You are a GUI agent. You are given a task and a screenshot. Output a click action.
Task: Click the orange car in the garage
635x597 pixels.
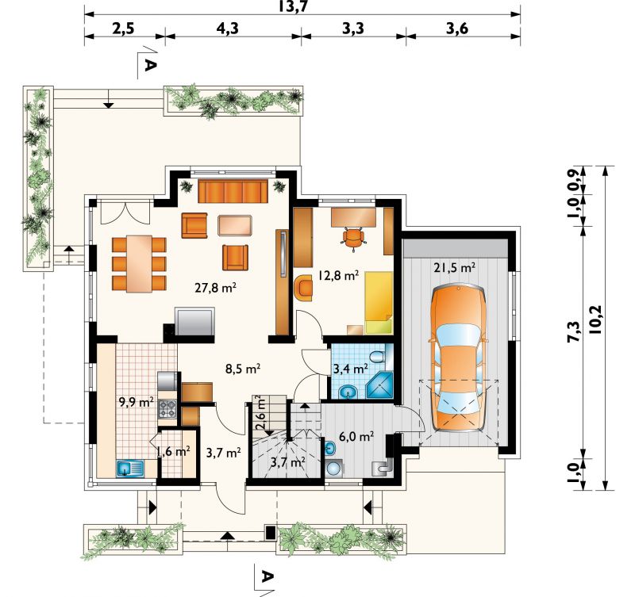pos(458,358)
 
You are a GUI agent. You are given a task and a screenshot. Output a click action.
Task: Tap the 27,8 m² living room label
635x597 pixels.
pos(215,288)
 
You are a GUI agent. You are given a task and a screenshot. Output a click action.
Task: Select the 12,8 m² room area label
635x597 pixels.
pos(338,276)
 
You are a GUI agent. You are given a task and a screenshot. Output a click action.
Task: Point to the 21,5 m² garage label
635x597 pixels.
pos(454,267)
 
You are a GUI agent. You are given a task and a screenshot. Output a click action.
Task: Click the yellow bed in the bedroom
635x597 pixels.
pos(379,303)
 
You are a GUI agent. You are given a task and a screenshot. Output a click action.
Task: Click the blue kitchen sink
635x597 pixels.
pos(130,469)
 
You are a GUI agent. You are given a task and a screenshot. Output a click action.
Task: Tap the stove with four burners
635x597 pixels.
pos(167,408)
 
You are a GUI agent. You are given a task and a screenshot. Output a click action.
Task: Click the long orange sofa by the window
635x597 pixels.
pos(233,191)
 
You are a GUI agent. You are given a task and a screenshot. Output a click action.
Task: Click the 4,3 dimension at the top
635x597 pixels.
pos(227,29)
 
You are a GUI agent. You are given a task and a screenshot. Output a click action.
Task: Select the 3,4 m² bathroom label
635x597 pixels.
pos(350,369)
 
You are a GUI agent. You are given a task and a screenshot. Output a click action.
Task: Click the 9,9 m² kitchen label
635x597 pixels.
pos(136,402)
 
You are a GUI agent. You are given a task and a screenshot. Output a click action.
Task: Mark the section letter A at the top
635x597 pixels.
pos(150,64)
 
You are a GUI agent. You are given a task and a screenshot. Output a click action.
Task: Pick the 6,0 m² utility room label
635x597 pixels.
pos(356,436)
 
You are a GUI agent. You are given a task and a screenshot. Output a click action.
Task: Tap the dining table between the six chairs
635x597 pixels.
pos(139,264)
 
